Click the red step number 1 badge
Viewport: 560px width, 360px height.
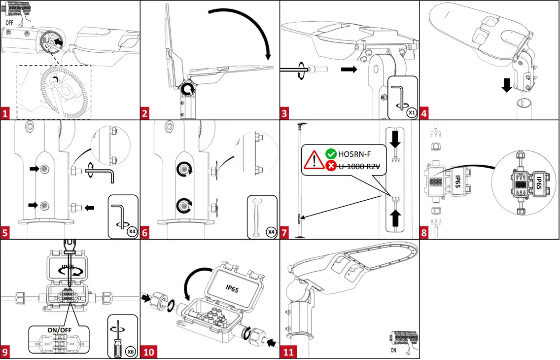(5, 113)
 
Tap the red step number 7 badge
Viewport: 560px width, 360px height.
(284, 233)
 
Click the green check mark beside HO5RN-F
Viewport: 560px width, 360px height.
(331, 154)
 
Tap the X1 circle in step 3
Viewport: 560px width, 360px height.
(411, 113)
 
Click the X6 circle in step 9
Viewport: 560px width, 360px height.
(130, 351)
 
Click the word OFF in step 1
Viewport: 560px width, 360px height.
(10, 23)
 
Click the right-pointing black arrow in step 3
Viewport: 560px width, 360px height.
(349, 70)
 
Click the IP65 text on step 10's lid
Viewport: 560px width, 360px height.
(232, 288)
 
